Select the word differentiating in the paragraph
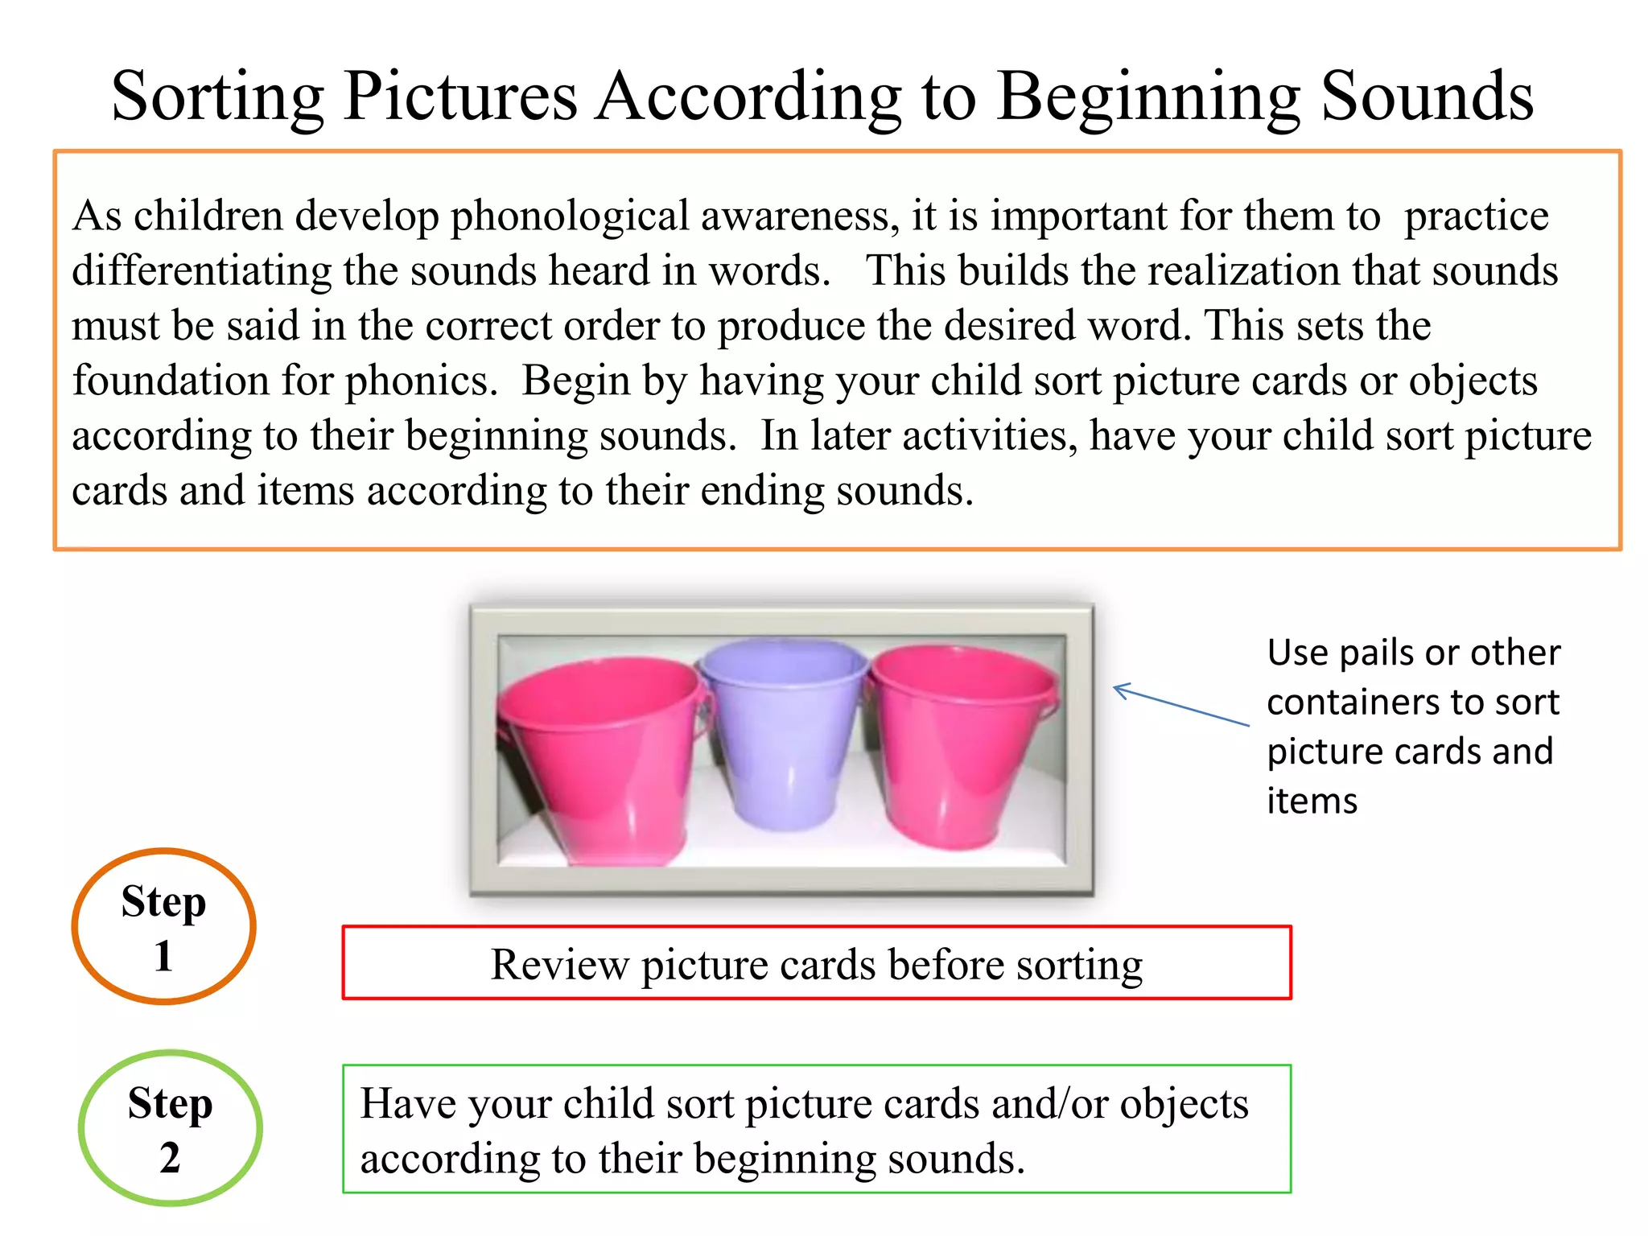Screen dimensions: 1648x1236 point(201,271)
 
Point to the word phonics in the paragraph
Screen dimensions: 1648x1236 point(420,381)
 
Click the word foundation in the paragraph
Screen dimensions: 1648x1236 point(169,380)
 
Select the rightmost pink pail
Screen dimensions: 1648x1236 point(962,748)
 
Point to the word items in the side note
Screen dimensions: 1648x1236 point(1312,801)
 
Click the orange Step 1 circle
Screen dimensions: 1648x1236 point(164,926)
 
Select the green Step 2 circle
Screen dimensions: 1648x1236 point(170,1127)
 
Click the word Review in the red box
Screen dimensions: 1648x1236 point(559,964)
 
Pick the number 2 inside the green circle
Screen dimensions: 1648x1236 point(170,1158)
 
